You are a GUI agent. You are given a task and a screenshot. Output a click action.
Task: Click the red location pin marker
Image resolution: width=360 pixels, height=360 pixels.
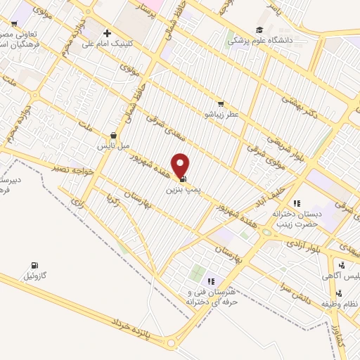tap(181, 165)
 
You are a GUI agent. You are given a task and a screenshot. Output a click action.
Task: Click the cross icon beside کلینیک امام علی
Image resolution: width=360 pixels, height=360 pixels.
tap(107, 32)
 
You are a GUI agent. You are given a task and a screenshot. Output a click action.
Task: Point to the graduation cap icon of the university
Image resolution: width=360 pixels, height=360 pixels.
tap(259, 30)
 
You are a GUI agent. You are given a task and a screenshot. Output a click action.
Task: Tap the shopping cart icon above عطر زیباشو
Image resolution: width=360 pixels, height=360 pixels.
tap(221, 103)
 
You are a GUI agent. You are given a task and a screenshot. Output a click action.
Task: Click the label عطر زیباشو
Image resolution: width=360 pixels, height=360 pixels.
tap(221, 113)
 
